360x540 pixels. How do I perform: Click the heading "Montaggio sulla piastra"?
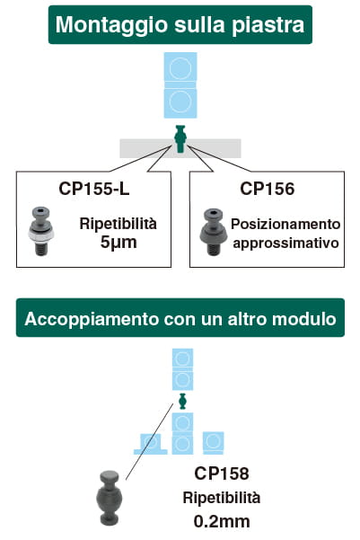coord(180,25)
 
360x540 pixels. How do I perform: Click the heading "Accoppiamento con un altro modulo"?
coord(180,319)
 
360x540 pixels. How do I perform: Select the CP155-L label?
coord(94,189)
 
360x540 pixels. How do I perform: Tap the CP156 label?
coord(267,189)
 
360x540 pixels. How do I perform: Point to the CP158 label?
coord(222,474)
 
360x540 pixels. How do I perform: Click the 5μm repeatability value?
coord(119,242)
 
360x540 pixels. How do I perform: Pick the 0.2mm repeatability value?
coord(222,521)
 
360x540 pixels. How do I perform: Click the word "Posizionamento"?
coord(285,225)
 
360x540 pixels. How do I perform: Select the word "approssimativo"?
coord(285,243)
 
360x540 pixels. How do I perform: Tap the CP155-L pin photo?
coord(41,231)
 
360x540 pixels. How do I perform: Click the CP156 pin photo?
coord(213,232)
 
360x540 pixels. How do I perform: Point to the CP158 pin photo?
coord(110,498)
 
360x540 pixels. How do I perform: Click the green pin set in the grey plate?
coord(180,138)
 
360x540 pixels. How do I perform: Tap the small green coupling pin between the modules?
coord(182,402)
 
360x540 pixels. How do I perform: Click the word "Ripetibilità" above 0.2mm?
coord(222,498)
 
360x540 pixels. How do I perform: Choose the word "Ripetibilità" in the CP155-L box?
coord(118,224)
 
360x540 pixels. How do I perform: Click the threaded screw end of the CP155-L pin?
coord(41,249)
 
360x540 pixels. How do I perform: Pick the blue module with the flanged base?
coord(151,444)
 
